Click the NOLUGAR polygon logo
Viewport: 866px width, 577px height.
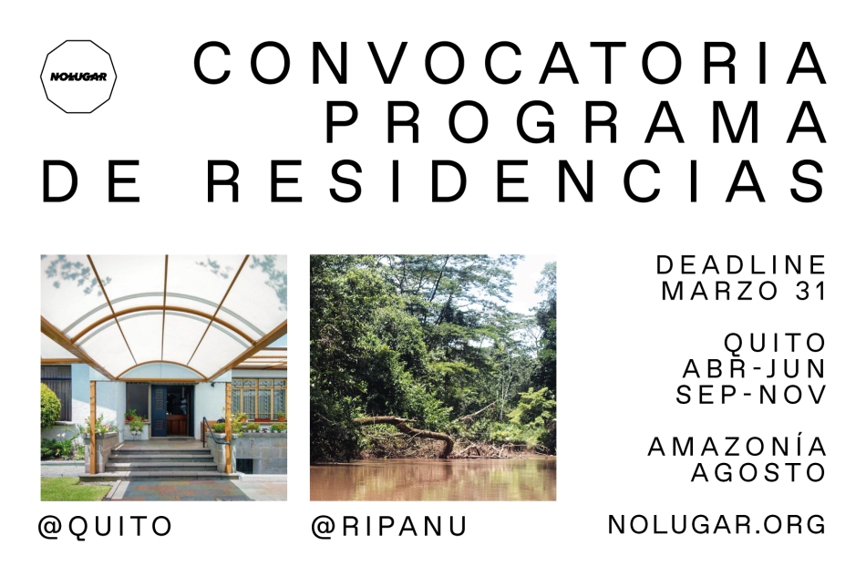(x=78, y=77)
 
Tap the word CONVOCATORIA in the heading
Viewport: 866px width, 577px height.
(x=510, y=64)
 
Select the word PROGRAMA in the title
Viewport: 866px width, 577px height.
(x=576, y=122)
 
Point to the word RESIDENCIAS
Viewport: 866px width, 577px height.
(x=516, y=181)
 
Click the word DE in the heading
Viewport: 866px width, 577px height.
(x=92, y=181)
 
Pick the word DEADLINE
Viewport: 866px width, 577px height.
(x=741, y=265)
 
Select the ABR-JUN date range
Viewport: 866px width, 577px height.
(x=755, y=368)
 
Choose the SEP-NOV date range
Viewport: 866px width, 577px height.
(x=751, y=394)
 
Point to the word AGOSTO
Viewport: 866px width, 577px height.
(x=758, y=473)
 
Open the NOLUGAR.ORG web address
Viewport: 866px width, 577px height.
(x=717, y=524)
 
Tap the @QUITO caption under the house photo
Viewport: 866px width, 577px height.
(x=106, y=526)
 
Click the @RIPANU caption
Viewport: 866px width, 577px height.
(x=389, y=526)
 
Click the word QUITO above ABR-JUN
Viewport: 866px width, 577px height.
(x=775, y=343)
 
